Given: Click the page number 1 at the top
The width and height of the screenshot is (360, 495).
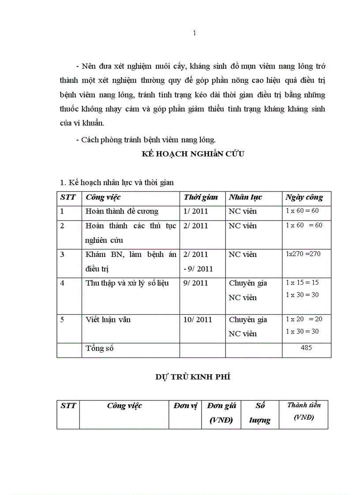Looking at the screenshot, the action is coord(195,33).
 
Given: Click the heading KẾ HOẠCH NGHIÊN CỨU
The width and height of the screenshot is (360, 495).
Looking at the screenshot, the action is coord(193,154).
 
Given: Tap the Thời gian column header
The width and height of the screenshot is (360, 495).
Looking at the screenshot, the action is coord(201,197).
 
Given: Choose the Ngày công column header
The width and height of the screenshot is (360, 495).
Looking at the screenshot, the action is coord(304,197).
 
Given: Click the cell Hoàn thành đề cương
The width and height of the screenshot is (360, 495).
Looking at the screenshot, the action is coord(122,212).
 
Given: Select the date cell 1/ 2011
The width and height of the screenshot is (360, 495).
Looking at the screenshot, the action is coord(195,212).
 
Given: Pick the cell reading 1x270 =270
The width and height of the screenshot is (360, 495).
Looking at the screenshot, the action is coord(303,254).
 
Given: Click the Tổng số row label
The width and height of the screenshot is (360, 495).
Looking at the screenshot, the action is coord(100,349).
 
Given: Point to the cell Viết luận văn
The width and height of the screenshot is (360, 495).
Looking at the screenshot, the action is coord(108,320).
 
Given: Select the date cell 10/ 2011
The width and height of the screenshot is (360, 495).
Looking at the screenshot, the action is coord(198,320).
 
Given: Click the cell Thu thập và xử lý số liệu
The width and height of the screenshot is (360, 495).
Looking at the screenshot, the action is coord(127,283).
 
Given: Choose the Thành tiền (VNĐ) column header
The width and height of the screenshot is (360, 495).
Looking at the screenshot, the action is coord(304,411).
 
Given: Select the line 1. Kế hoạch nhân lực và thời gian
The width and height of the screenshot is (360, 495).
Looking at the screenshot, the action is coord(116,182).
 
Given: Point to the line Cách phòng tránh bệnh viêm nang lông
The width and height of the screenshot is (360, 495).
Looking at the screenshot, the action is coord(146,140).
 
